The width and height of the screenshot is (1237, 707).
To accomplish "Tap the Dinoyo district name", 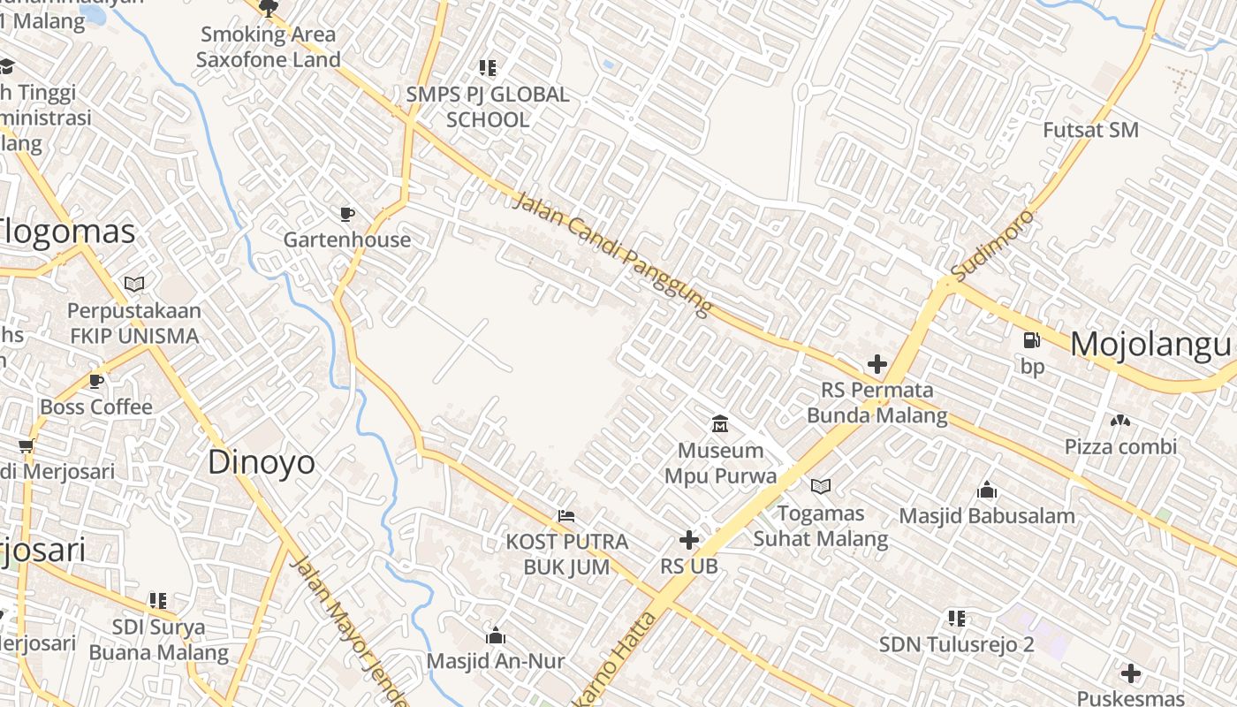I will click(261, 462).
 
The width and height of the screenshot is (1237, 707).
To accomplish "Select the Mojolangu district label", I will click(1150, 345).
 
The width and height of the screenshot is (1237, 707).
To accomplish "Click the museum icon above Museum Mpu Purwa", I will click(720, 424).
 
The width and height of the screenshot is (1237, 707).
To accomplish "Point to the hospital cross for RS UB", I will click(689, 540).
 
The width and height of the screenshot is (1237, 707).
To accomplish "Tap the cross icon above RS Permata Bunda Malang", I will click(877, 364).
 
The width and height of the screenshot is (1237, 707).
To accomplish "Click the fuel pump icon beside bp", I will click(1031, 340).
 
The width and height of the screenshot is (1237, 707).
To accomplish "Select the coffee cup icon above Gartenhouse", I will click(347, 214).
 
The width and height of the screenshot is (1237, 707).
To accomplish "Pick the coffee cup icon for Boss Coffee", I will click(96, 382).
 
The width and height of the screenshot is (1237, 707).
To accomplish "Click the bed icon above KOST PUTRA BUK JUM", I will click(566, 516).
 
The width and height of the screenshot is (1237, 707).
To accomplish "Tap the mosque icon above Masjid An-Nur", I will click(495, 636).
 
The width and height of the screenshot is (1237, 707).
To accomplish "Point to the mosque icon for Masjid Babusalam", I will click(987, 490).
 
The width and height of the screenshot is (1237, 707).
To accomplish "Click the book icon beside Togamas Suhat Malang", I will click(821, 486).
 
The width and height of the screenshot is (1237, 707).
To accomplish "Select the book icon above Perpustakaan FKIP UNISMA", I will click(134, 285).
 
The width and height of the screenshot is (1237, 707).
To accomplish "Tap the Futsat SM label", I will click(1090, 130).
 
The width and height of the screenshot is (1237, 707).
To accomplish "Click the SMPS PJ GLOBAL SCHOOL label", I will click(488, 106).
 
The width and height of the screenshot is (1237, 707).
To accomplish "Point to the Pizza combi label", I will click(1120, 446).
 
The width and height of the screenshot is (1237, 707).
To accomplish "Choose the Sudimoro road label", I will click(991, 244).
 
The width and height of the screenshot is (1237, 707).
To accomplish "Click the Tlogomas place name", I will click(67, 232).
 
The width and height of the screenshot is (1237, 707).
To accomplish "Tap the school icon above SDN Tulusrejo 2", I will click(957, 618).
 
